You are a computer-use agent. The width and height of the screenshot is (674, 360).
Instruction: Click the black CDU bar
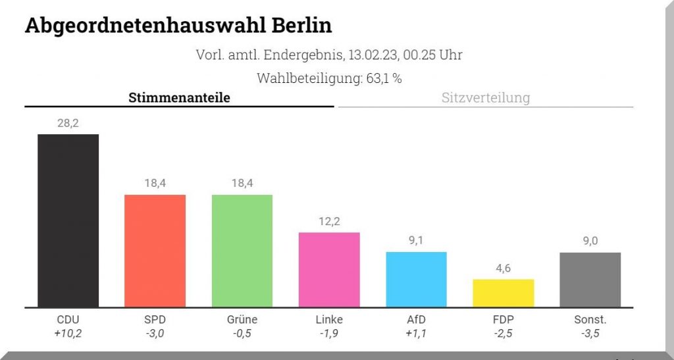click(x=68, y=220)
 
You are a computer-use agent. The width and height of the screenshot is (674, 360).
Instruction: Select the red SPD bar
click(x=155, y=251)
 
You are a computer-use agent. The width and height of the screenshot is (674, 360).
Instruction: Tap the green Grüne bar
click(x=242, y=251)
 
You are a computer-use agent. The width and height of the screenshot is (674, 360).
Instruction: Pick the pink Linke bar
click(x=329, y=270)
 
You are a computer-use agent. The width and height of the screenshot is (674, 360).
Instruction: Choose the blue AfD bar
click(x=416, y=279)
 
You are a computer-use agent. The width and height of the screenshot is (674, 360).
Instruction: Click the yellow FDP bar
click(x=504, y=293)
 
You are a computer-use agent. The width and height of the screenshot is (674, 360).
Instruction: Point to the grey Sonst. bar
click(x=590, y=280)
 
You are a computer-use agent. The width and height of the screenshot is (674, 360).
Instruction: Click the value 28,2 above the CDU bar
click(x=68, y=122)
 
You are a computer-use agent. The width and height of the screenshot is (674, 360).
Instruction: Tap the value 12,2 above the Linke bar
click(x=329, y=221)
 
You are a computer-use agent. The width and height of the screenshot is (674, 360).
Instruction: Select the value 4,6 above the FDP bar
click(x=504, y=268)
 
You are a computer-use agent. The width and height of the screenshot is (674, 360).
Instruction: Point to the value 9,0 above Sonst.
click(x=590, y=241)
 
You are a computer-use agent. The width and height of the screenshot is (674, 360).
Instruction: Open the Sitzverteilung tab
click(x=485, y=98)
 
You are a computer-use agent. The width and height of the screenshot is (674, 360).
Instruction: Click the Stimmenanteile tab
click(x=179, y=98)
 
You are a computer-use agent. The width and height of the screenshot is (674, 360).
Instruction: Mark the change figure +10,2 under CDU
click(x=68, y=333)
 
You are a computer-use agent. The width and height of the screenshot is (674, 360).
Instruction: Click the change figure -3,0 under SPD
click(x=155, y=333)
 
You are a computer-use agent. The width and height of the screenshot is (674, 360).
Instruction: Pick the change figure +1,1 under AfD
click(x=416, y=333)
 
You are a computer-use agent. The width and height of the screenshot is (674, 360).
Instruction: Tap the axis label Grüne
click(x=242, y=320)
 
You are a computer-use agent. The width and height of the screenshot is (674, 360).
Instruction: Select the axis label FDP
click(x=504, y=320)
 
